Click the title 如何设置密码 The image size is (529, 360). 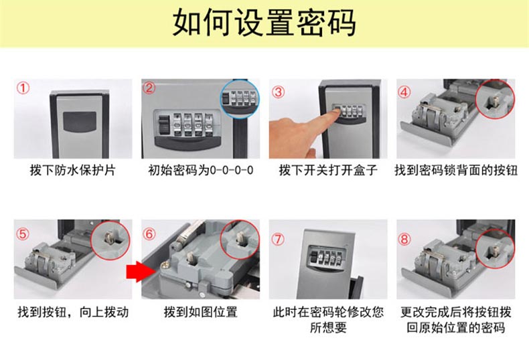pyautogui.click(x=264, y=23)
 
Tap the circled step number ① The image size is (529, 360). pyautogui.click(x=23, y=88)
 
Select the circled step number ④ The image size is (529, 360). pyautogui.click(x=404, y=92)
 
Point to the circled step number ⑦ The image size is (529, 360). pyautogui.click(x=278, y=239)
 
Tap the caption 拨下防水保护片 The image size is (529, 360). pyautogui.click(x=72, y=170)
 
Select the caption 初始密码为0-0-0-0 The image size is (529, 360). pyautogui.click(x=200, y=170)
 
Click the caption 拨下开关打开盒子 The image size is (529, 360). pyautogui.click(x=328, y=170)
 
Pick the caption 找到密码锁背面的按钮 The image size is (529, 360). pyautogui.click(x=456, y=170)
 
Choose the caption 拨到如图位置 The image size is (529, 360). pyautogui.click(x=200, y=312)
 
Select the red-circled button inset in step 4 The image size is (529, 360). pyautogui.click(x=496, y=99)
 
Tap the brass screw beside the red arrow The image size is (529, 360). pyautogui.click(x=165, y=266)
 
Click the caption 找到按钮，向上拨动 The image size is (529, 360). pyautogui.click(x=73, y=312)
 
